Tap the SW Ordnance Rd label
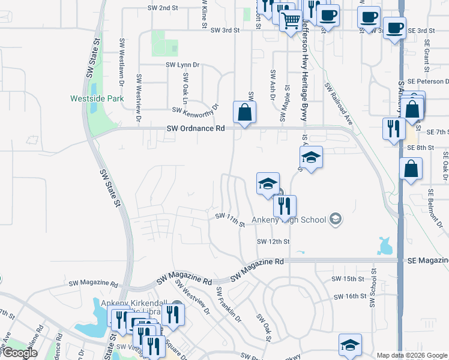click(195, 128)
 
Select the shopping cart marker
click(291, 22)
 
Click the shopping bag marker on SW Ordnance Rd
click(245, 112)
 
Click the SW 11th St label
click(230, 220)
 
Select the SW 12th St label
click(273, 241)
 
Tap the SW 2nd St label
click(163, 8)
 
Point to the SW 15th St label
click(348, 279)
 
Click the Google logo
click(20, 353)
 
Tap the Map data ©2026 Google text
click(412, 355)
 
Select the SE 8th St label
click(420, 147)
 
